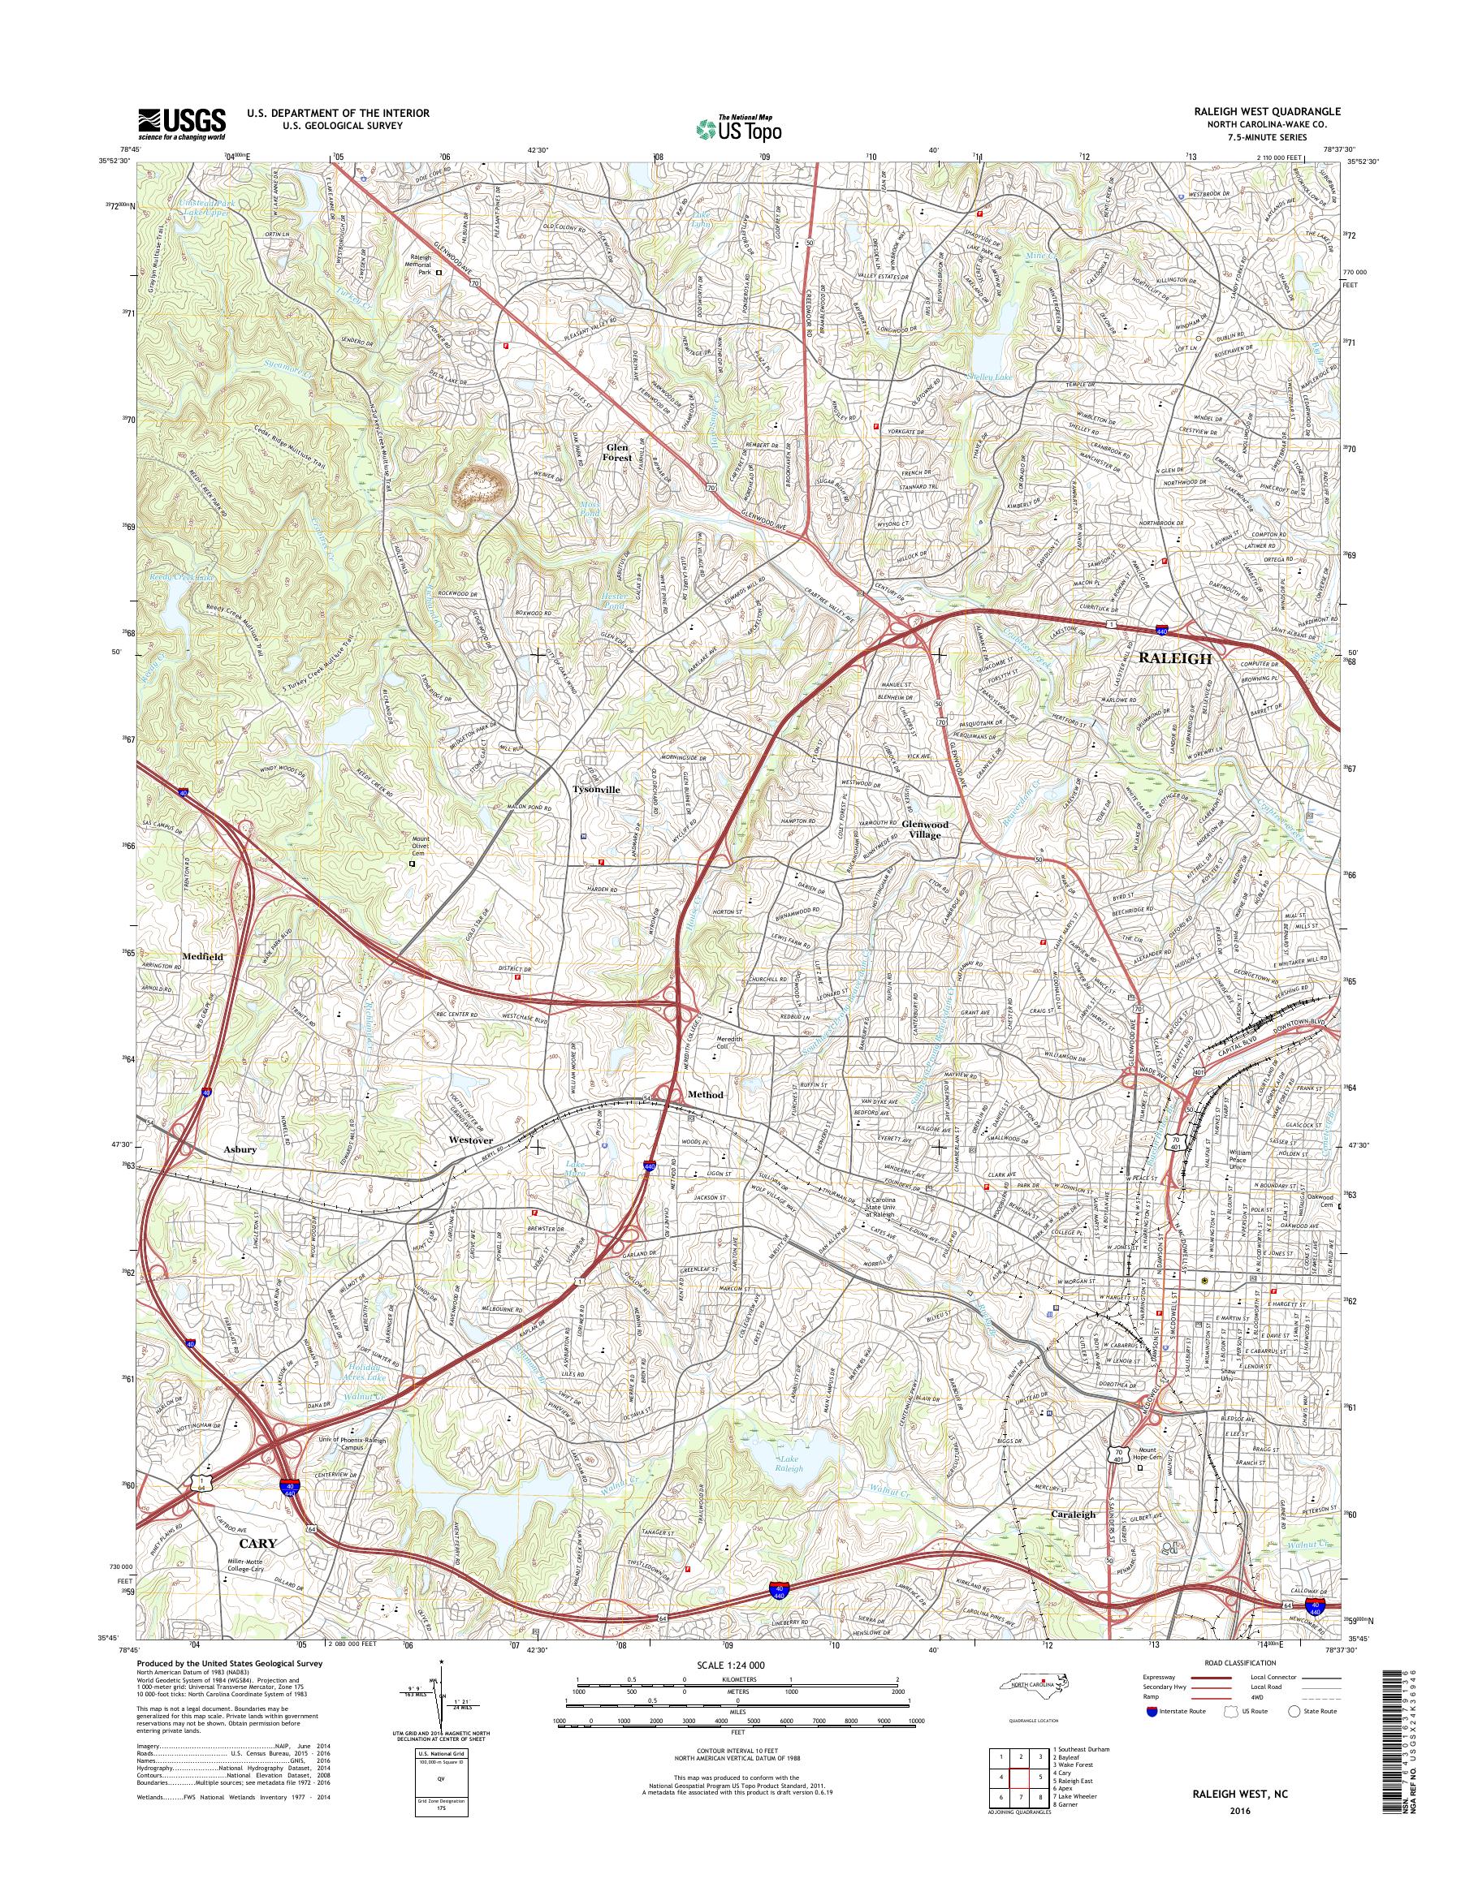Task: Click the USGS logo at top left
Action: pos(182,123)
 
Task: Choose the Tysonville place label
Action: pos(596,790)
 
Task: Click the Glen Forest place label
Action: pos(617,451)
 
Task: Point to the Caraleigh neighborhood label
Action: pos(1073,1515)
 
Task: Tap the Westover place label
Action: pos(471,1140)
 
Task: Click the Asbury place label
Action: pos(240,1149)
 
